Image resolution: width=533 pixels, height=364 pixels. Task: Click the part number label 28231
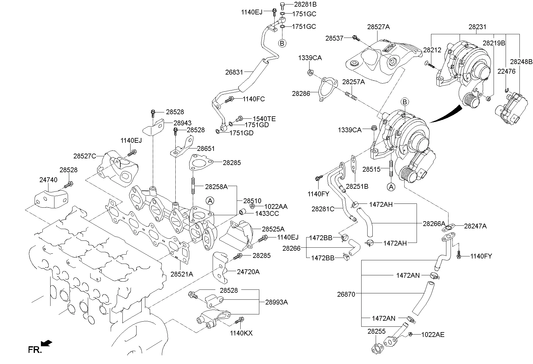477,27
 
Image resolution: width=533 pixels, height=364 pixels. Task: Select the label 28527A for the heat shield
378,27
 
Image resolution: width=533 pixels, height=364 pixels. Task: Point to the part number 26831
234,72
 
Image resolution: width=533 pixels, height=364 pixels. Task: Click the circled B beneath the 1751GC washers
282,43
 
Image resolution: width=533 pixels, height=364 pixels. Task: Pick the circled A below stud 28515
391,187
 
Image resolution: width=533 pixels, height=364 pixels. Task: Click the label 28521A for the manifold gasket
182,274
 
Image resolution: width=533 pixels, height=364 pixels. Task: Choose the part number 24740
48,180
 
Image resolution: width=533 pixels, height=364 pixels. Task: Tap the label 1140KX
241,333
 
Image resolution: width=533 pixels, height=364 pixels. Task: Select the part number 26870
346,294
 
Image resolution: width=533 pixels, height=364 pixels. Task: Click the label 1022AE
433,335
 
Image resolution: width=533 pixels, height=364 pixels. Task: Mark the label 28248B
521,62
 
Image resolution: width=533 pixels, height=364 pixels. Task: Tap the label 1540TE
264,119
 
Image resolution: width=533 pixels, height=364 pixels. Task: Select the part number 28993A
276,302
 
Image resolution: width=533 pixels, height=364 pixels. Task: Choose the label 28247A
475,226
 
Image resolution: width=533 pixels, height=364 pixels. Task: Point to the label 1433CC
267,213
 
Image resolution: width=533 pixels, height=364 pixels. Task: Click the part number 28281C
323,209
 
